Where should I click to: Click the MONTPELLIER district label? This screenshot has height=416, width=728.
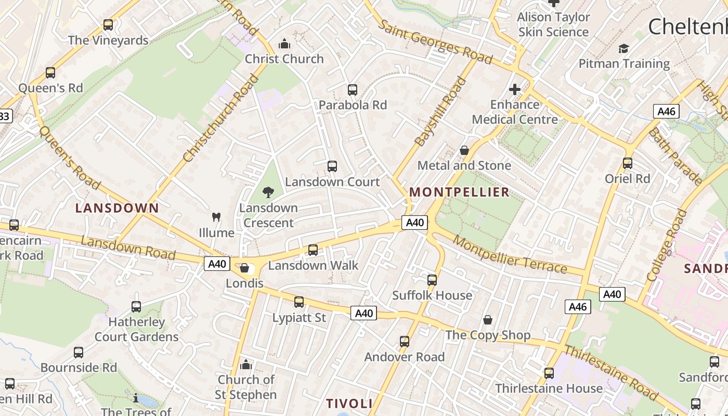point(459,192)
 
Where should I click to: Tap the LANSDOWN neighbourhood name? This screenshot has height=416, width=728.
point(117,208)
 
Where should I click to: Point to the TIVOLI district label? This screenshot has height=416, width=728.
point(349,404)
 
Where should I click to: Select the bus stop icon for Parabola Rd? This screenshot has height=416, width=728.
point(353,89)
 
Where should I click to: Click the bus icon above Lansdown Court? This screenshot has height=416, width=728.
point(332,166)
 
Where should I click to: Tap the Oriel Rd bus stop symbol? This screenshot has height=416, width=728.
point(628,163)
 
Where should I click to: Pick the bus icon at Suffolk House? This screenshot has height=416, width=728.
point(432,280)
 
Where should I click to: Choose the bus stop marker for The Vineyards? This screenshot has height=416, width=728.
point(108,24)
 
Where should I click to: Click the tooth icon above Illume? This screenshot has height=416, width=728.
point(216,217)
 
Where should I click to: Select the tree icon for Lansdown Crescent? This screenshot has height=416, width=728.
point(268,192)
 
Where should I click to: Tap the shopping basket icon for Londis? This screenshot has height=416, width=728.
point(244,268)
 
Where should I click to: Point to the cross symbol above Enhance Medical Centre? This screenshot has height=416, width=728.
point(515,89)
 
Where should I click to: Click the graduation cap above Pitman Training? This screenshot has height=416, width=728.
point(623,48)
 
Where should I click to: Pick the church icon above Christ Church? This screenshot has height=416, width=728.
point(284,44)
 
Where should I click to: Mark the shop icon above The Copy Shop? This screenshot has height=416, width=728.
point(488,319)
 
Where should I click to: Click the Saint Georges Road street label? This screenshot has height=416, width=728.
point(434,42)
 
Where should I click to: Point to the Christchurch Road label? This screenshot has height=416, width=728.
point(221,118)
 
